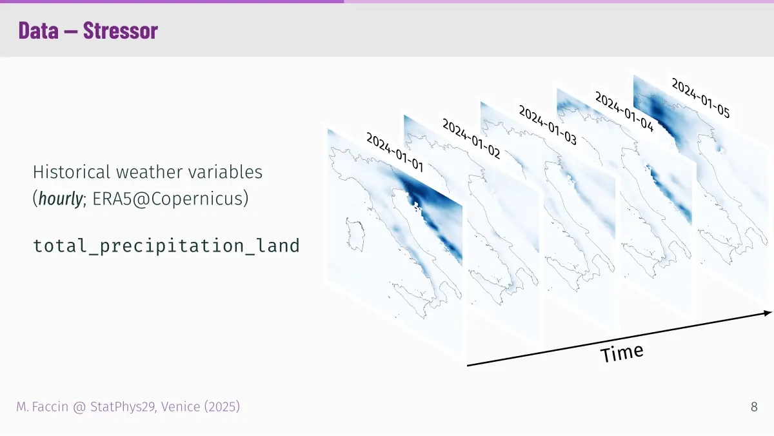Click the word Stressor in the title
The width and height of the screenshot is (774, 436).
point(121,31)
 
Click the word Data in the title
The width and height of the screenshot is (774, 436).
point(38,31)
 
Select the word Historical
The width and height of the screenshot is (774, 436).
point(72,172)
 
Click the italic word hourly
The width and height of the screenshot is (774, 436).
point(61,199)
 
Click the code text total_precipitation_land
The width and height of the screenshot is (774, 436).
point(166,246)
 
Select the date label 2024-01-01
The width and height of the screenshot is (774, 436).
point(395,152)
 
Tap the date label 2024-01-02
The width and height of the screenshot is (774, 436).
point(471,139)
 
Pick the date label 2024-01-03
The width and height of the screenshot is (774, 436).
point(548,125)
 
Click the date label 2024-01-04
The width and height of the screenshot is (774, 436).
point(624,112)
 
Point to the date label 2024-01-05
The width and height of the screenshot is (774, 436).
point(700,98)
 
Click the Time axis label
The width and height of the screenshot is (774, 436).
point(622,353)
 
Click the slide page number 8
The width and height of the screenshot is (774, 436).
point(754,407)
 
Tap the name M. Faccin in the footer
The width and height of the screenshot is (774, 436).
point(42,407)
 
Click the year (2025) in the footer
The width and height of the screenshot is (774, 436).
point(222,407)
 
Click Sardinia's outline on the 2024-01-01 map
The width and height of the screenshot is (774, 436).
point(347,235)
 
